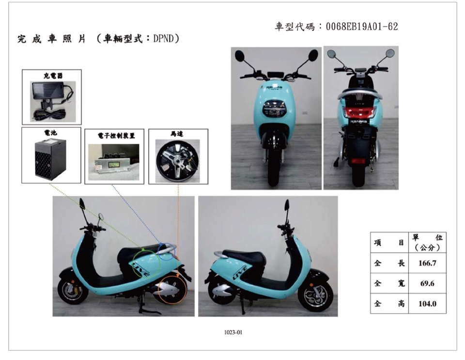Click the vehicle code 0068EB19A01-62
362,27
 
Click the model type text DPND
164,39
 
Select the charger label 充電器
53,76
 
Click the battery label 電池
51,133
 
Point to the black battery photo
50,159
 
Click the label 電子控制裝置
116,136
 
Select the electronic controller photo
114,162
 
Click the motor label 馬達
177,134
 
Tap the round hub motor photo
177,161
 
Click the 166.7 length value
427,263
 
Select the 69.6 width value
427,283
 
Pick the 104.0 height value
427,304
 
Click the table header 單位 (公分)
427,243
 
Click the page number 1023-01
233,332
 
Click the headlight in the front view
274,108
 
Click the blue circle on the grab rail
166,251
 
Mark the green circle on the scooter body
146,264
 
